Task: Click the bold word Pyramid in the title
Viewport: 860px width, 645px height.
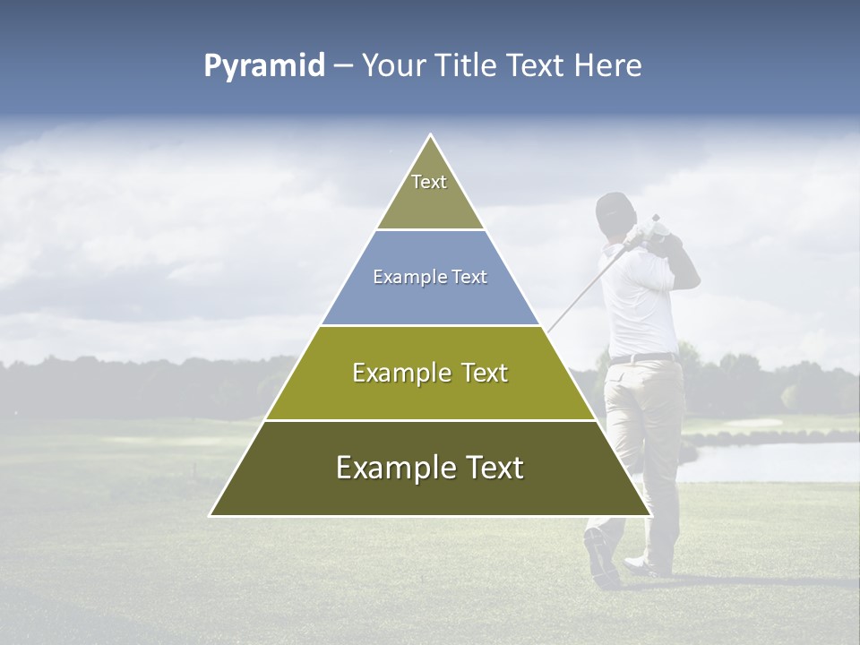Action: (264, 66)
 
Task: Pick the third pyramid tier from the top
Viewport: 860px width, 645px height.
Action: (430, 374)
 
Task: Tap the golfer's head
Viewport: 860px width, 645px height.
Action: (615, 213)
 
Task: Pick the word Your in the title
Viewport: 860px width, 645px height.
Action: (391, 66)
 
